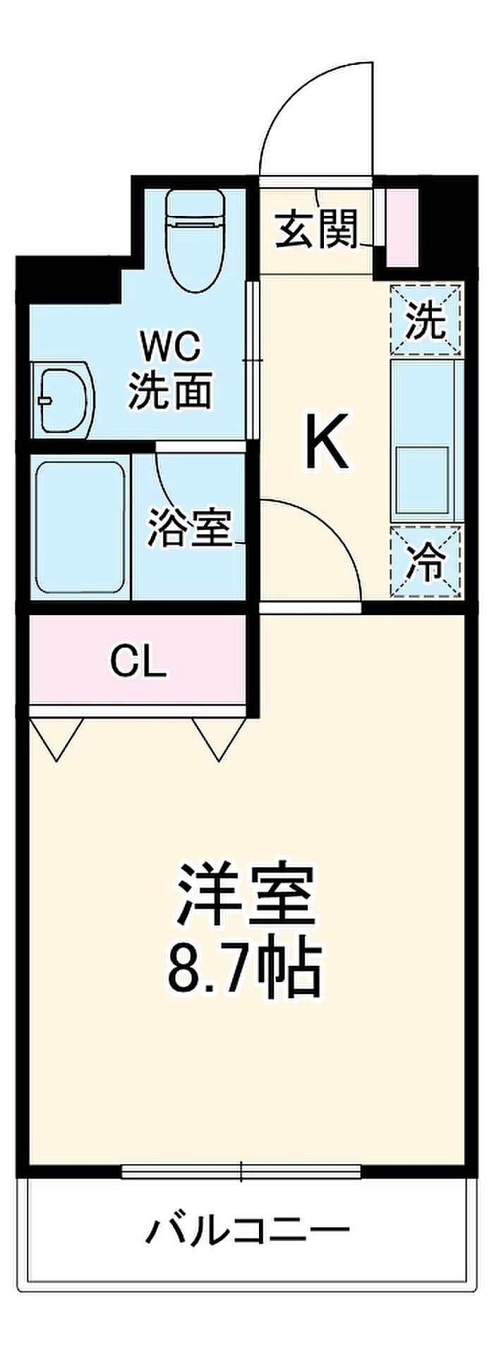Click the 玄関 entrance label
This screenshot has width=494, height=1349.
coord(317,229)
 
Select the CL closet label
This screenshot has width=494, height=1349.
coord(138,661)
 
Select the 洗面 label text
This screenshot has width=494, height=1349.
coord(170,390)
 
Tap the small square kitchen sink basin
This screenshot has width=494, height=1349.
coord(423,478)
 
